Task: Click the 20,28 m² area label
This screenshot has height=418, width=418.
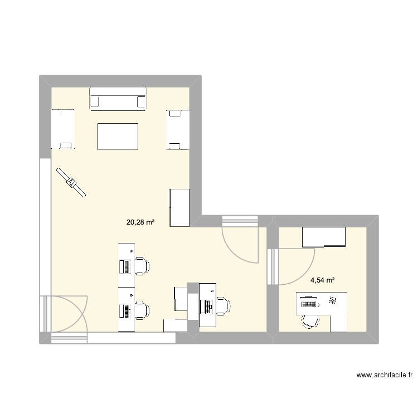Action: point(140,222)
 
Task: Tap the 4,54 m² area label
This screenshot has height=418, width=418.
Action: point(323,281)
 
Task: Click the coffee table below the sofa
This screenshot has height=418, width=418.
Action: point(118,137)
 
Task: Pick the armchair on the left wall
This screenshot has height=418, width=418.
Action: point(62,129)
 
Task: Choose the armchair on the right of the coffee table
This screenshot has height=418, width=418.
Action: point(177,130)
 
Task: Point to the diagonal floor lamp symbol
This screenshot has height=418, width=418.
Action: point(71,182)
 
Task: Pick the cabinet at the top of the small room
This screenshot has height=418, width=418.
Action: point(323,237)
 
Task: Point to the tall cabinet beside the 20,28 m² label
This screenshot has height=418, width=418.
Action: point(179,208)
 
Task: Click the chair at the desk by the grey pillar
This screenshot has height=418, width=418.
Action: point(222,306)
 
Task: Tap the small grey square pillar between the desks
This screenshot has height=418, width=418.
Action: point(193,287)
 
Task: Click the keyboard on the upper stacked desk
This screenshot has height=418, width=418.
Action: point(127,267)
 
